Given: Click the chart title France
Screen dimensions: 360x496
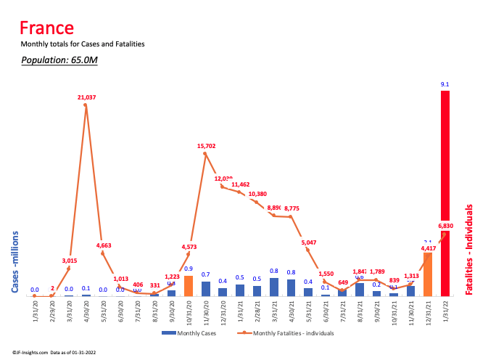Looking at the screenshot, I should (46, 28).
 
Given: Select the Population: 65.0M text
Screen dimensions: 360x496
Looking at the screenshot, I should (59, 60).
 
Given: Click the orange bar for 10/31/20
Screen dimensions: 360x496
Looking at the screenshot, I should (189, 285).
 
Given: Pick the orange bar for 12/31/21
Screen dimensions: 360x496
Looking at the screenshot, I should (428, 274).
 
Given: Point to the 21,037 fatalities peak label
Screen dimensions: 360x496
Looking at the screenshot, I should (86, 97).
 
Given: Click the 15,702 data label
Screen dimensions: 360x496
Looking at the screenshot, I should (206, 146).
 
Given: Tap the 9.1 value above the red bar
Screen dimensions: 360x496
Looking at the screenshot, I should (445, 84).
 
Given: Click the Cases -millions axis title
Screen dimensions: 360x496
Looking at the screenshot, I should (15, 262).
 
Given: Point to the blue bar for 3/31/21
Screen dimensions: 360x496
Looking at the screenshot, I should (274, 287).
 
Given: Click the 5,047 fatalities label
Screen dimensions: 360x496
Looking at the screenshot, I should (309, 242).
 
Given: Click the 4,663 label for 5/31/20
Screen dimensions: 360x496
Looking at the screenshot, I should (104, 245).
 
